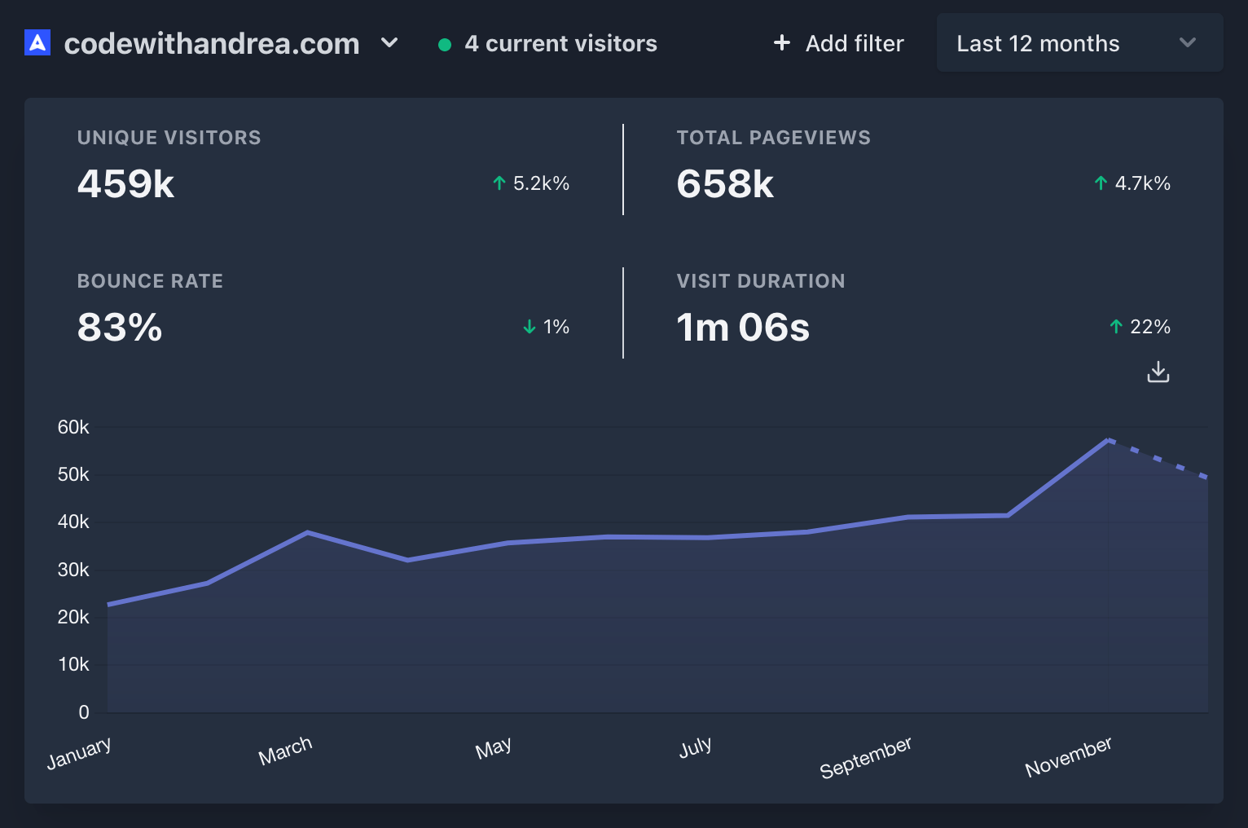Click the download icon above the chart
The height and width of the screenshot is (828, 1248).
[x=1158, y=372]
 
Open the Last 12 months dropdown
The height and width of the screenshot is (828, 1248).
[x=1079, y=43]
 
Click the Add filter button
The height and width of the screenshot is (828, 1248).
[x=839, y=43]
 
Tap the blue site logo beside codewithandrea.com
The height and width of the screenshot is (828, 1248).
[x=37, y=42]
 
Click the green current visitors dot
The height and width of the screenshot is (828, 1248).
[x=445, y=45]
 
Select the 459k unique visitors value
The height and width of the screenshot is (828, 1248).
[x=125, y=183]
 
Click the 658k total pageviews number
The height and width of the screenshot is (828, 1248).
[x=725, y=183]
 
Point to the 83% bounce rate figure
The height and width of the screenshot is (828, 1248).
[x=120, y=327]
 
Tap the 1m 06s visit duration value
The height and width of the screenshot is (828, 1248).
[x=743, y=327]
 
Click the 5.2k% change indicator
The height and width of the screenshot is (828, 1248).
[x=532, y=183]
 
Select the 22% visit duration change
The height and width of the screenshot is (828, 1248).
[x=1140, y=327]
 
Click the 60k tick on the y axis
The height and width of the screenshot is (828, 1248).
[x=73, y=427]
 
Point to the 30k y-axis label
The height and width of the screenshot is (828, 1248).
[x=73, y=570]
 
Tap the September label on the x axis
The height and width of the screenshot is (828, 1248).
[x=865, y=757]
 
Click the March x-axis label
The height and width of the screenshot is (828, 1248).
[x=285, y=751]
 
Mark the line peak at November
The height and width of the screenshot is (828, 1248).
[x=1109, y=440]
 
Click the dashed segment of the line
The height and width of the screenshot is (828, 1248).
[x=1158, y=459]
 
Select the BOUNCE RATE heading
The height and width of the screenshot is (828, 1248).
[x=150, y=281]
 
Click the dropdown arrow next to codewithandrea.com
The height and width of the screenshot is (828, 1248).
[x=389, y=42]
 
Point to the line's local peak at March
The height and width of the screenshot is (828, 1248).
[x=307, y=532]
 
